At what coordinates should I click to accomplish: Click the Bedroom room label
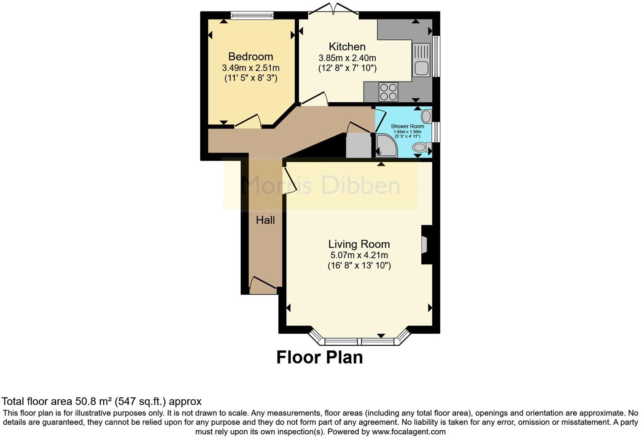tap(250, 57)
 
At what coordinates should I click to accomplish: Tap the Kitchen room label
tap(347, 46)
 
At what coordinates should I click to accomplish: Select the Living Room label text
tap(359, 244)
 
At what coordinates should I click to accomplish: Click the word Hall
tap(265, 220)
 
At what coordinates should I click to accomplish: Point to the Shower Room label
tap(407, 126)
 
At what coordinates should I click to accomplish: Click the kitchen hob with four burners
tap(388, 92)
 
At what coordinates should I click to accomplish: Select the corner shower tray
tap(386, 146)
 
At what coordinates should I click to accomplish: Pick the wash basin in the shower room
tap(426, 116)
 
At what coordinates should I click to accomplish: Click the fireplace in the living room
tap(425, 244)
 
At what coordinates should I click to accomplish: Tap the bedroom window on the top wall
tap(252, 16)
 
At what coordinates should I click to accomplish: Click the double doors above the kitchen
tap(334, 11)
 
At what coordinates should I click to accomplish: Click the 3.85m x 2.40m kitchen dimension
tap(347, 58)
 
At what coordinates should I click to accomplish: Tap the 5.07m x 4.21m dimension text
tap(359, 255)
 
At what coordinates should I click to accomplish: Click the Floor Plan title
tap(319, 357)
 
